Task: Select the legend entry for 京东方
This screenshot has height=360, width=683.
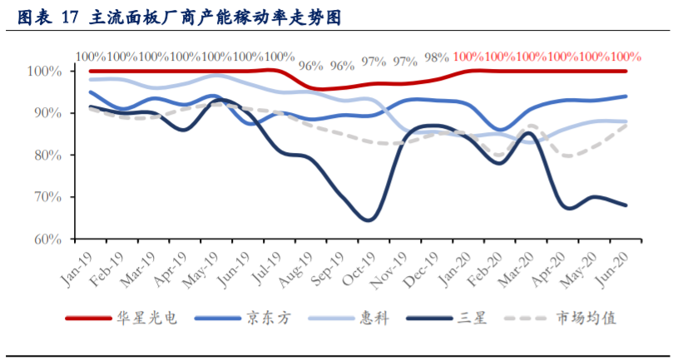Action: pos(268,318)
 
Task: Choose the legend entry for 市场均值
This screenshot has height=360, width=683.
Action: pos(586,318)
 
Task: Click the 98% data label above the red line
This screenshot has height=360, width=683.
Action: pos(436,57)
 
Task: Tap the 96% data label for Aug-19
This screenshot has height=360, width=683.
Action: pos(310,65)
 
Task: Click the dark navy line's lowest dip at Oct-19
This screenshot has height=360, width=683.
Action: pos(368,219)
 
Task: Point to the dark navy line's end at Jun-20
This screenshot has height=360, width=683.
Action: pos(626,205)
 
